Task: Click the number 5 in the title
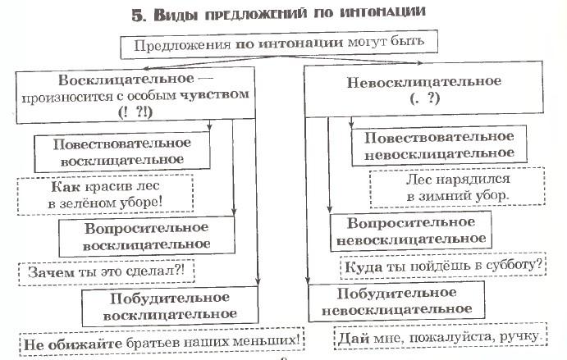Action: pyautogui.click(x=137, y=16)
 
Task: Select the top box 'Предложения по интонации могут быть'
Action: pyautogui.click(x=279, y=44)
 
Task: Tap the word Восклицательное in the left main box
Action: pyautogui.click(x=126, y=80)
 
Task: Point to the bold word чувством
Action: pyautogui.click(x=214, y=94)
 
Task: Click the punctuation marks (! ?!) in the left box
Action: pyautogui.click(x=135, y=112)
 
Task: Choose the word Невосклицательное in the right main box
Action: pyautogui.click(x=423, y=82)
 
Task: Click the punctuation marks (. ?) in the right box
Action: pyautogui.click(x=425, y=98)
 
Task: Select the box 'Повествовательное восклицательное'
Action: pyautogui.click(x=122, y=152)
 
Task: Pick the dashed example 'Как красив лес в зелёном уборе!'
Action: pyautogui.click(x=105, y=195)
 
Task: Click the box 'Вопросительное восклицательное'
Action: pyautogui.click(x=147, y=236)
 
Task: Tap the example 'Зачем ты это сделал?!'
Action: pyautogui.click(x=107, y=272)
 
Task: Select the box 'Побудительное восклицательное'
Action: pyautogui.click(x=170, y=307)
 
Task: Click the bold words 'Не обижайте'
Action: pyautogui.click(x=73, y=344)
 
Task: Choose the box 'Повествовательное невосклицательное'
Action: pyautogui.click(x=439, y=146)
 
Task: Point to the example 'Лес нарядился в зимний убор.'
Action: pyautogui.click(x=457, y=188)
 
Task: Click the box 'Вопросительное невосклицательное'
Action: pyautogui.click(x=411, y=231)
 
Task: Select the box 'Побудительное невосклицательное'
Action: pyautogui.click(x=396, y=302)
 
